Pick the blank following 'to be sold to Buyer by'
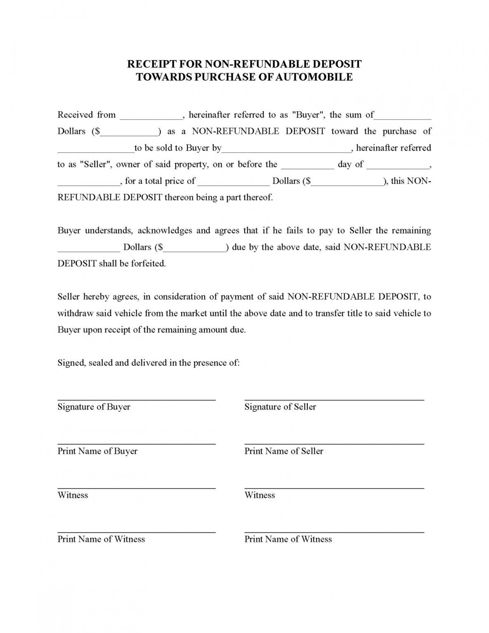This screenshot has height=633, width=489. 286,150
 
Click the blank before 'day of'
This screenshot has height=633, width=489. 307,167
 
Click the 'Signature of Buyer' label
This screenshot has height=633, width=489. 94,407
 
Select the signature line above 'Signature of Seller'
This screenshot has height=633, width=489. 334,400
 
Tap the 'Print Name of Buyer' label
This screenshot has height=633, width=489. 97,451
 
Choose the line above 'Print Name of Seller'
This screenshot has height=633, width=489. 334,444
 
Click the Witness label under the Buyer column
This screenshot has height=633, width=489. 73,495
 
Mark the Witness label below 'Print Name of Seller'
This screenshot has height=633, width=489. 260,495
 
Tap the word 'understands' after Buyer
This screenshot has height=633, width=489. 109,231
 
